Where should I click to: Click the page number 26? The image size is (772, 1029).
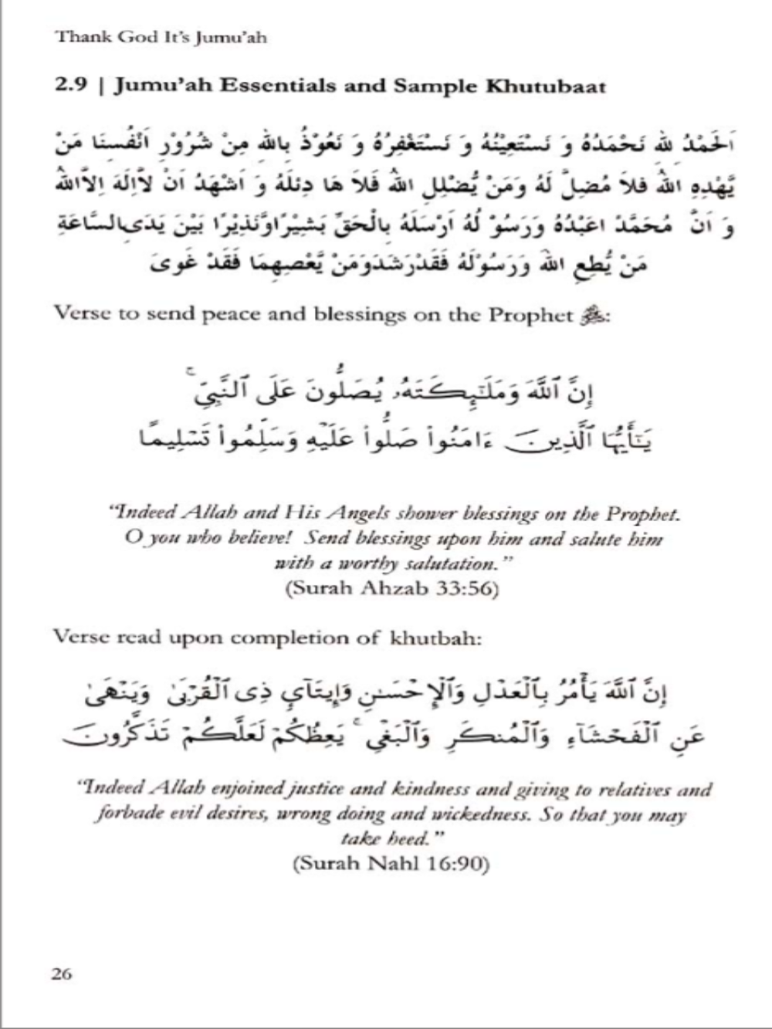[x=62, y=974]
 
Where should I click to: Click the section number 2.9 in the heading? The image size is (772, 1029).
[x=71, y=86]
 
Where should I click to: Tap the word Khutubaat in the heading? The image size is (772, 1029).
[x=546, y=86]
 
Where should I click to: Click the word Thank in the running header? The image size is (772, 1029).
[x=75, y=36]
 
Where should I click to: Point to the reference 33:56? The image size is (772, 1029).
[x=466, y=588]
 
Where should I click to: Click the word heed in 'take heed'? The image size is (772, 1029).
[x=408, y=839]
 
